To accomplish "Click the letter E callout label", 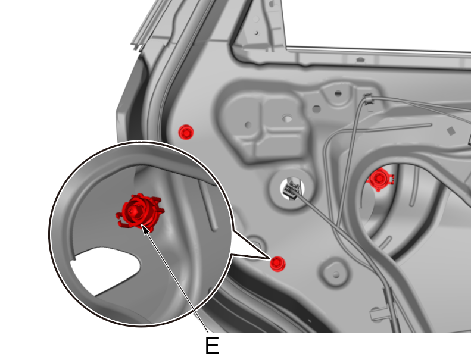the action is click(x=212, y=345).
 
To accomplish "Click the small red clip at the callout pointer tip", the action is click(x=277, y=264).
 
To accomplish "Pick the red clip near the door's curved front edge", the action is click(x=186, y=132).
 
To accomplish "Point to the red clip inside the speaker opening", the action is click(x=380, y=179).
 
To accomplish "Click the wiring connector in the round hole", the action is click(x=291, y=189).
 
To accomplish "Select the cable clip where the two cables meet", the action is click(x=369, y=99).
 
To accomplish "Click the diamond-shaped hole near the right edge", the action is click(x=451, y=132).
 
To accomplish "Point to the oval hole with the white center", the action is click(x=287, y=118).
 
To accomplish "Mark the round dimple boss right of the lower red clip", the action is click(x=336, y=274).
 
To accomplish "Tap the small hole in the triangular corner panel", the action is click(x=256, y=33).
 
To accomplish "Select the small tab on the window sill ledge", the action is click(x=360, y=60).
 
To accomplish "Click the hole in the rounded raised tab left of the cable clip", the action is click(x=338, y=93).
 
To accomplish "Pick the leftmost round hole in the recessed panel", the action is click(x=248, y=124).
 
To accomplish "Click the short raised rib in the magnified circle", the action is click(x=210, y=206).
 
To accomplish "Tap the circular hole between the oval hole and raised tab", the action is click(x=316, y=109).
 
